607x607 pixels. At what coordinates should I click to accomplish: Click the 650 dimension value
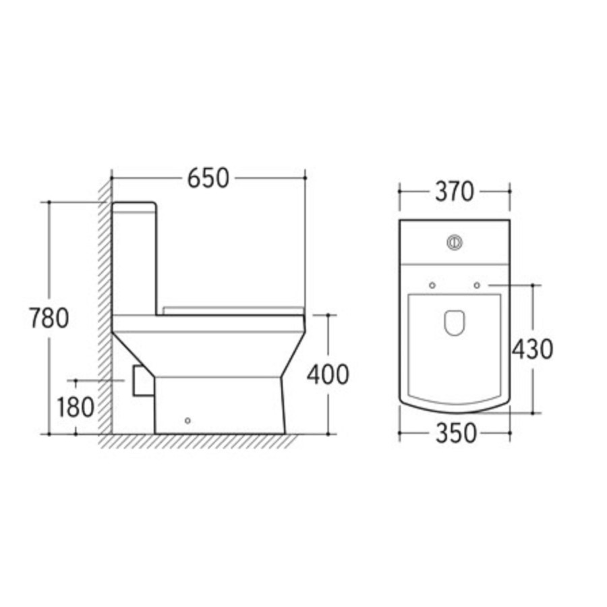[x=208, y=178]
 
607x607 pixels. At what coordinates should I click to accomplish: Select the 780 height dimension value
[x=49, y=318]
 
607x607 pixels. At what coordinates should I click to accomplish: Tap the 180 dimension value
[x=75, y=407]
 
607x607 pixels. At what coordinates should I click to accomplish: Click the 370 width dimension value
[x=454, y=192]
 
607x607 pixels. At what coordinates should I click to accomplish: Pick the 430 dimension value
[x=532, y=349]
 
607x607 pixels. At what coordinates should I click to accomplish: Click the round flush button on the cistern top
[x=455, y=241]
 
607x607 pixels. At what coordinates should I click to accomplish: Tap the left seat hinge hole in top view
[x=432, y=285]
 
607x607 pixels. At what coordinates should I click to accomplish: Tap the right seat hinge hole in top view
[x=477, y=285]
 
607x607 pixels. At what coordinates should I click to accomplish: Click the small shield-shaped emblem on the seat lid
[x=455, y=323]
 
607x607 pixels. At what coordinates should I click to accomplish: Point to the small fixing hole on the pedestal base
[x=187, y=422]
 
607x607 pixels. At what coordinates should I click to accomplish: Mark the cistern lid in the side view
[x=134, y=205]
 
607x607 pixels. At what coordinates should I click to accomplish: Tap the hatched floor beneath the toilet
[x=202, y=442]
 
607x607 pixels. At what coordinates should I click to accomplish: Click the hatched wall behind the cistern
[x=105, y=303]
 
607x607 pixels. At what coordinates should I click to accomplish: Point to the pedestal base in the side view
[x=219, y=405]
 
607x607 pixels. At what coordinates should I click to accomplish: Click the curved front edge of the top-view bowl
[x=455, y=410]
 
